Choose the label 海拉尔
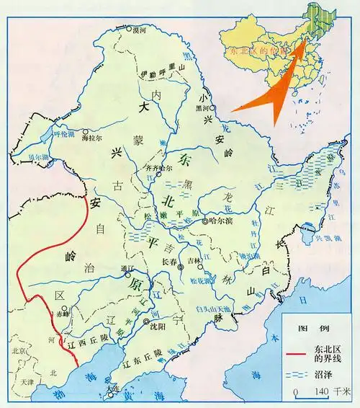tap(94, 136)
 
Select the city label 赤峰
tap(63, 315)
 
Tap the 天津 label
tap(27, 380)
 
